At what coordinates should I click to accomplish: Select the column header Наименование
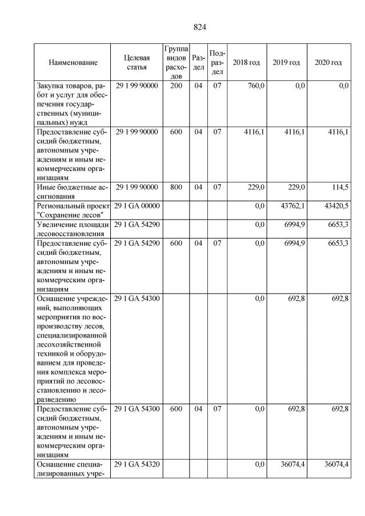click(x=73, y=62)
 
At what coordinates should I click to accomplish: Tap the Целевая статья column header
click(x=137, y=62)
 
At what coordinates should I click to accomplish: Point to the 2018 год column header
click(x=246, y=62)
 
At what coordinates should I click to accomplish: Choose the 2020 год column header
click(x=328, y=62)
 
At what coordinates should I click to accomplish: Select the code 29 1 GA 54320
click(x=137, y=465)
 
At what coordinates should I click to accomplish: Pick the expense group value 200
click(x=176, y=86)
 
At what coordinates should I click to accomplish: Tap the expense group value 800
click(x=176, y=187)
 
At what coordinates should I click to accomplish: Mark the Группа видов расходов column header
click(x=176, y=62)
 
